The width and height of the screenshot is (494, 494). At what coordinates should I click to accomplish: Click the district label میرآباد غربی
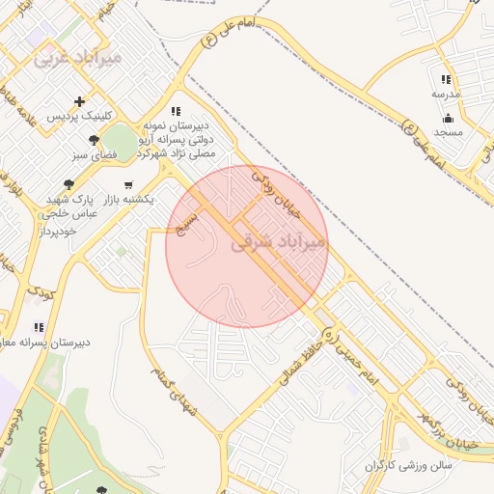pyautogui.click(x=77, y=58)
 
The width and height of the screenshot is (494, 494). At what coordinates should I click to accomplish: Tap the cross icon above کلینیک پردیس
pyautogui.click(x=79, y=101)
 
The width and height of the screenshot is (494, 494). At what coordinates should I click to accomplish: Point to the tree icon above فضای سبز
pyautogui.click(x=93, y=140)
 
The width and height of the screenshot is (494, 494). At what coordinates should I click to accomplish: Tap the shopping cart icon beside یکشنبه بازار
pyautogui.click(x=128, y=184)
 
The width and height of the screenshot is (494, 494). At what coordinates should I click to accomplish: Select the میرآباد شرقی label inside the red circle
pyautogui.click(x=280, y=244)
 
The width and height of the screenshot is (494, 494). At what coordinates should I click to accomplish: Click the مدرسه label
pyautogui.click(x=446, y=95)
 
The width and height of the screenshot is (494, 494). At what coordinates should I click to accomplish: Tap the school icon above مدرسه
pyautogui.click(x=446, y=80)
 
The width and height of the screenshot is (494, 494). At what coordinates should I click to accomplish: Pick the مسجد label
pyautogui.click(x=449, y=131)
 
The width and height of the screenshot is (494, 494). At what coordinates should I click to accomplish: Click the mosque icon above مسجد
pyautogui.click(x=449, y=118)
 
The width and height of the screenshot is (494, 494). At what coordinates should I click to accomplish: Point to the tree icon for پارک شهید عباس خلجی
pyautogui.click(x=68, y=183)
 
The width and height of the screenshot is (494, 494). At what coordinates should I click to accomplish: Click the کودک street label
pyautogui.click(x=41, y=290)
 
